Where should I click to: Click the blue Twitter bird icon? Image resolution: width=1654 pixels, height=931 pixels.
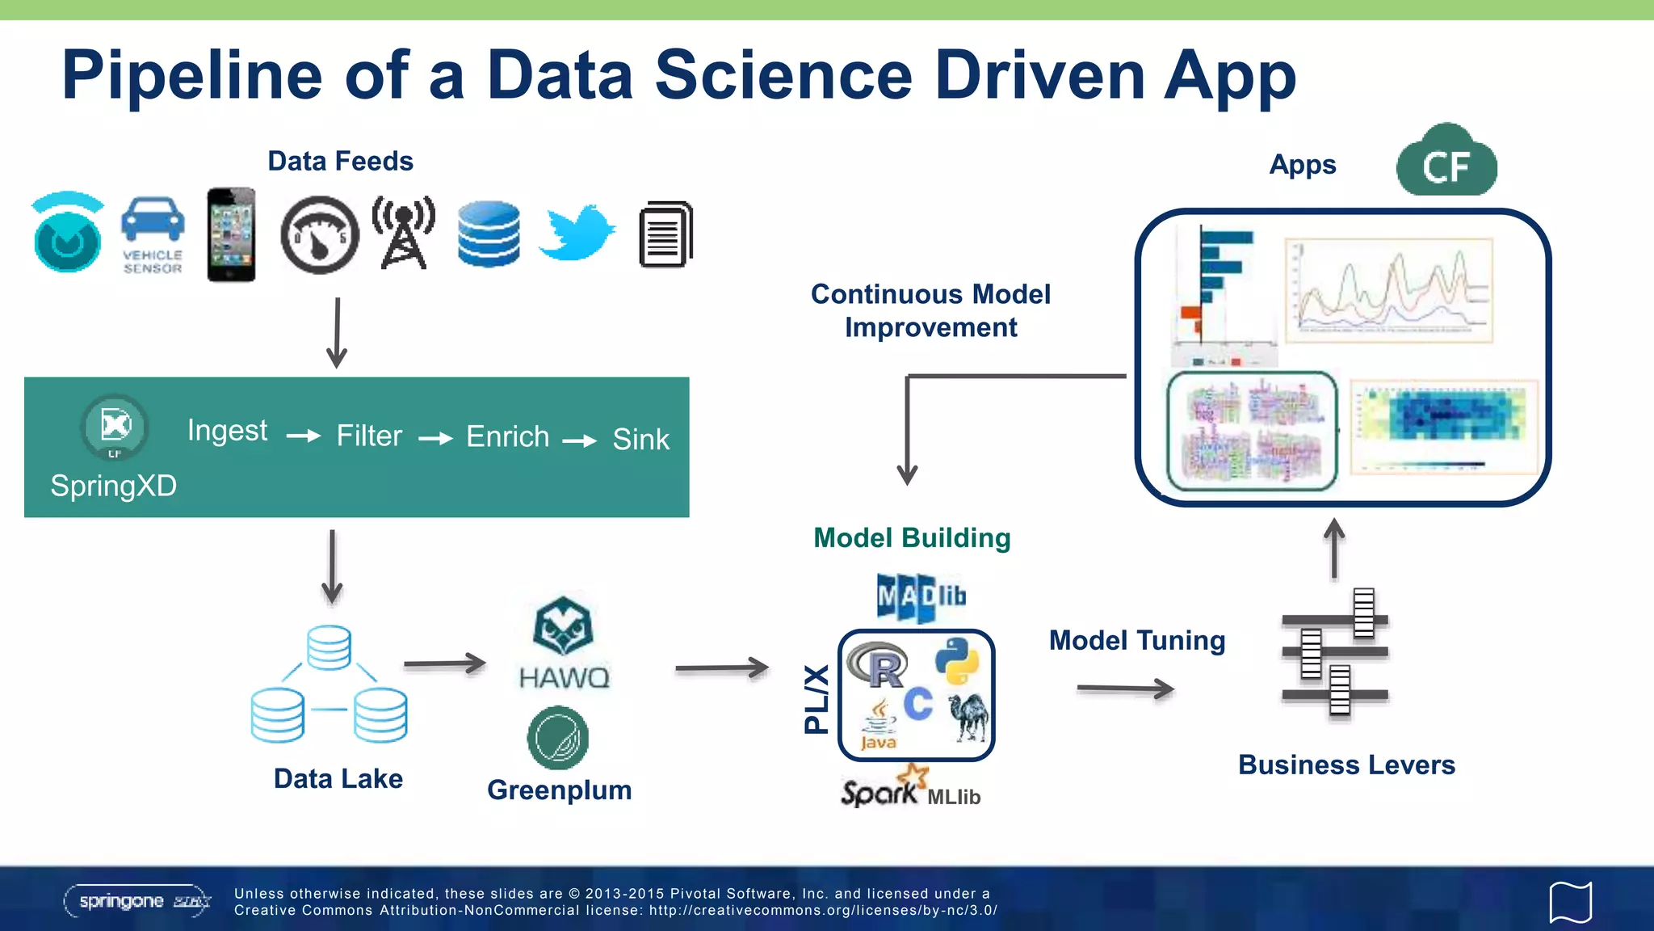(576, 233)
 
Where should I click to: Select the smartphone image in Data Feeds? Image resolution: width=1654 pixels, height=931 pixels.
(231, 234)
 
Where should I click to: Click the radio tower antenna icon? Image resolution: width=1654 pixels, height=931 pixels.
(404, 232)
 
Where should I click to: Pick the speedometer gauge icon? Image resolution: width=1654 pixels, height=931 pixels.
(320, 235)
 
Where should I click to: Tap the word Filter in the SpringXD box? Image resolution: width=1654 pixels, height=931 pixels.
(369, 436)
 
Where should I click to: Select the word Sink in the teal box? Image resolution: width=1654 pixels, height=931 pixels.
(640, 440)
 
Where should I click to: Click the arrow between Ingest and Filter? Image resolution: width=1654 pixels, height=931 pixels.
(304, 436)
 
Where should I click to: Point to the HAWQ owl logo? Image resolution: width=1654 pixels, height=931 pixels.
(563, 626)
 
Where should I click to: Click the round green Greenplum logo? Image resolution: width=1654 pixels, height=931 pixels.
(557, 738)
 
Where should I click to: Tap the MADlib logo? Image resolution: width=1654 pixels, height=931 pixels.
(921, 597)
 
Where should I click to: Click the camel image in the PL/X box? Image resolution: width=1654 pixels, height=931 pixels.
(969, 716)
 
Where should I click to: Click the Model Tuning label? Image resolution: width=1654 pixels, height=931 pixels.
(1136, 641)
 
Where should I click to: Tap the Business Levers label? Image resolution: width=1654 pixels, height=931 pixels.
(1346, 765)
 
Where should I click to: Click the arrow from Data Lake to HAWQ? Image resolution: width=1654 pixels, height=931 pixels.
(444, 664)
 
